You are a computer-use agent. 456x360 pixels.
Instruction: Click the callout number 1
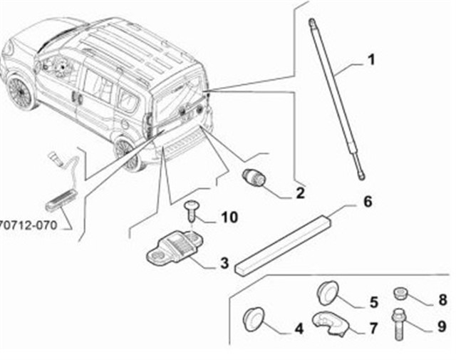click(x=371, y=60)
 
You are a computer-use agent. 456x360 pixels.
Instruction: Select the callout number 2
click(x=300, y=193)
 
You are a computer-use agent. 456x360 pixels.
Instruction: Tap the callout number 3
click(x=224, y=263)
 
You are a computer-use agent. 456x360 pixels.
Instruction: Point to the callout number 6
click(x=368, y=202)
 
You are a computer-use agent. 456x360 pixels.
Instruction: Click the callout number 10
click(x=229, y=217)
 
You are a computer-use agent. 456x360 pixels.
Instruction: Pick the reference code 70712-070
click(x=28, y=225)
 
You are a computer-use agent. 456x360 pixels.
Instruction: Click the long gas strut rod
click(x=337, y=99)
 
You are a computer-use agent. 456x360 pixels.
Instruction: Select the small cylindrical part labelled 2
click(x=254, y=177)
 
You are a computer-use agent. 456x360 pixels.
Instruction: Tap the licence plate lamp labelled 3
click(x=175, y=247)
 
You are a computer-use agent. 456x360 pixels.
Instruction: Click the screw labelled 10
click(x=191, y=210)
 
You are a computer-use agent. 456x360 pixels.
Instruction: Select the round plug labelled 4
click(x=254, y=319)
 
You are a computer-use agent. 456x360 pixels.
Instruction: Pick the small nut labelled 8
click(x=400, y=293)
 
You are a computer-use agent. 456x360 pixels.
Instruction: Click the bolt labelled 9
click(x=399, y=324)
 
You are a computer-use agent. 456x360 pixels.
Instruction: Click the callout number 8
click(x=442, y=299)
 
